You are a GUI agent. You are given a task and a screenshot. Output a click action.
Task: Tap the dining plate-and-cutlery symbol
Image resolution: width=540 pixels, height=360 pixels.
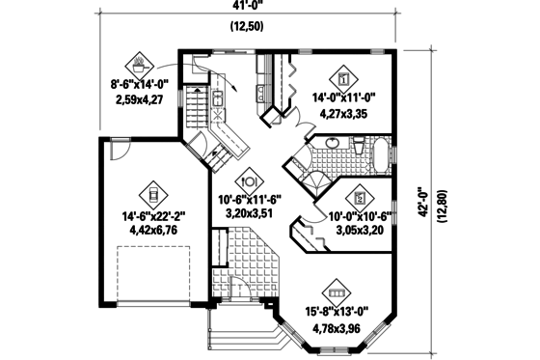pos(250,179)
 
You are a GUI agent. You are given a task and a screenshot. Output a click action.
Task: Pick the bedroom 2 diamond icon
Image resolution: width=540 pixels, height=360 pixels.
pos(357,193)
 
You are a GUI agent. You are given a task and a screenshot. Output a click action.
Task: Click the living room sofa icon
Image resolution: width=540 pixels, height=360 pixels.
pos(337,288)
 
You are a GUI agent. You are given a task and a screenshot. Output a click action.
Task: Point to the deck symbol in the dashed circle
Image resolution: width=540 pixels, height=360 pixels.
pos(140,65)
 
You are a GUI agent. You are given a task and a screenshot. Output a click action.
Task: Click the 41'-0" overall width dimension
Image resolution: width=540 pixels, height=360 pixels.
pos(242,7)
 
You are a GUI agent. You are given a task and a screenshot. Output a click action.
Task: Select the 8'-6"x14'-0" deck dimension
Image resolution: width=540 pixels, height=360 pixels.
pos(140,85)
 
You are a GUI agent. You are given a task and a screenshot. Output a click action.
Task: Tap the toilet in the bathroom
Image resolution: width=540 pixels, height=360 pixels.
pos(356,148)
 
